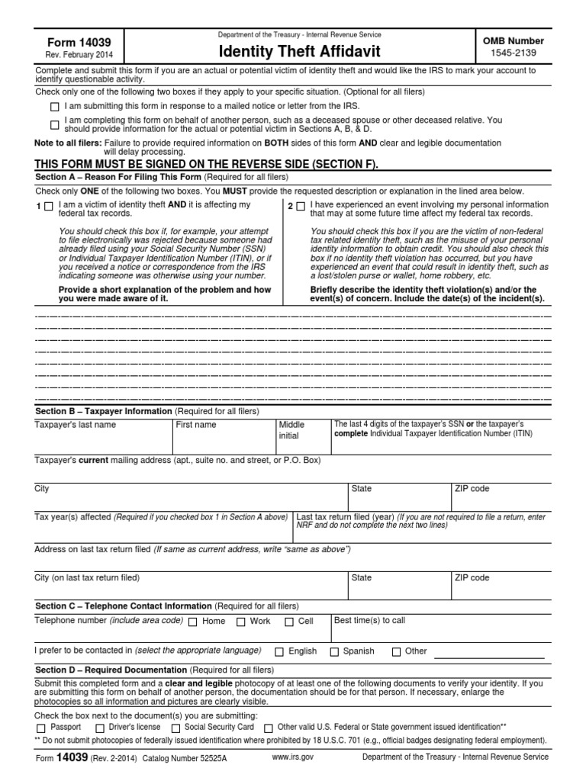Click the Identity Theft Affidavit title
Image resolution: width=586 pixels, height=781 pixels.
point(300,52)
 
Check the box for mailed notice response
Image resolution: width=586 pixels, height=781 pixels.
point(54,106)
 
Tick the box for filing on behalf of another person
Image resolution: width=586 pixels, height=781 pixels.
point(54,124)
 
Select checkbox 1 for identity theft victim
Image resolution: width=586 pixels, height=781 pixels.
point(49,206)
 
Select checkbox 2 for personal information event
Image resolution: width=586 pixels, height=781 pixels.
point(301,206)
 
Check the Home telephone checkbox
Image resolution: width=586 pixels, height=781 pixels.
point(192,622)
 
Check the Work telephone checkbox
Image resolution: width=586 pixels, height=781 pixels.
point(240,622)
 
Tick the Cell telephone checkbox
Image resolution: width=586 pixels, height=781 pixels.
point(289,622)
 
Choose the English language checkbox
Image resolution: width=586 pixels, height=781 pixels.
point(279,652)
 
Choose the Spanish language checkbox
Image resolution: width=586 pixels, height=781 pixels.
point(334,652)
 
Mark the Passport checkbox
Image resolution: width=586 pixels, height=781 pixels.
point(41,728)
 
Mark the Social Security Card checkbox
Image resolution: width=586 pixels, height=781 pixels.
point(175,728)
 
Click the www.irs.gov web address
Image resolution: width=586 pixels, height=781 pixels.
point(293,757)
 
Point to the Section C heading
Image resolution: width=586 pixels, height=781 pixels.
point(124,606)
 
